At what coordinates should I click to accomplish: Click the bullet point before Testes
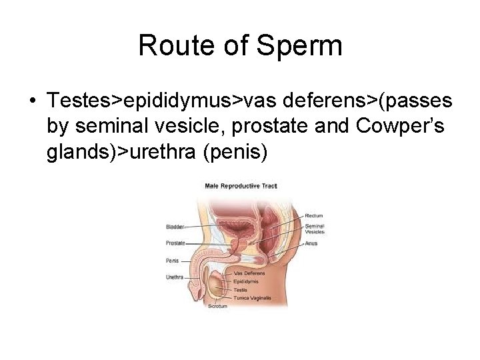[32, 101]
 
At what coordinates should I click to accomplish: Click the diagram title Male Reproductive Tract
[240, 185]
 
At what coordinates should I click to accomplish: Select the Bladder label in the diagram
[175, 227]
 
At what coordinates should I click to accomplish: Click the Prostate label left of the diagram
[176, 243]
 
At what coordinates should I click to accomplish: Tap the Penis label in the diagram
[173, 260]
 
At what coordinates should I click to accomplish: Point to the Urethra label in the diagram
[175, 277]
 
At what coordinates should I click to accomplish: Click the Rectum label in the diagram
[314, 215]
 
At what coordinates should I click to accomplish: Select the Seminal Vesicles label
[314, 229]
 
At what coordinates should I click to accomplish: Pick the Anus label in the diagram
[311, 243]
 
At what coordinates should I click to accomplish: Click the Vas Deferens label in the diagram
[249, 273]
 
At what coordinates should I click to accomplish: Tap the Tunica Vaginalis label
[252, 298]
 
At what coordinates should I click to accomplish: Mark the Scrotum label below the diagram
[217, 306]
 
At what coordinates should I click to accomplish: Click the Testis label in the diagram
[241, 290]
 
